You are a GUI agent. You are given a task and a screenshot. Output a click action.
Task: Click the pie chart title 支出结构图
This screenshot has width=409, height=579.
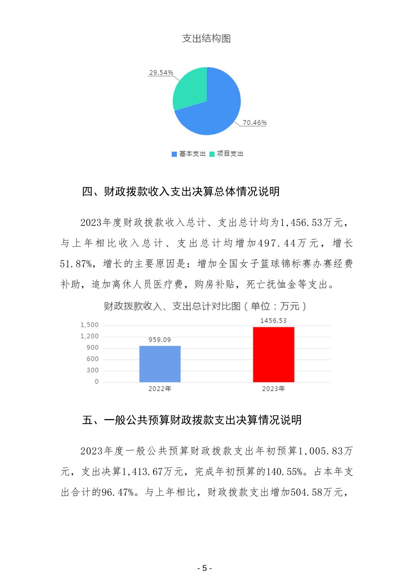tap(206, 38)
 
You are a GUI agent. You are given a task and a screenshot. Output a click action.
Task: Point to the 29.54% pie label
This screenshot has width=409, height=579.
tap(161, 72)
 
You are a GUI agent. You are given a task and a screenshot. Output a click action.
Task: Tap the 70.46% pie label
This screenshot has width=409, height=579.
tap(255, 123)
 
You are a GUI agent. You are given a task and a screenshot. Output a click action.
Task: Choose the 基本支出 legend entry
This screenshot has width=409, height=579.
tap(189, 154)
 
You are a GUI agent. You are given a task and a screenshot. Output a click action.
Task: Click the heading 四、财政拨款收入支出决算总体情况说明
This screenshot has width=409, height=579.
tap(181, 191)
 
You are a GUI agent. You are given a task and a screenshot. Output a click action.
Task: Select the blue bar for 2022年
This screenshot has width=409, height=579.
tap(160, 364)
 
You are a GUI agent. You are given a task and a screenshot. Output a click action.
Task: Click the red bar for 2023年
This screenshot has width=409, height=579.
tap(273, 354)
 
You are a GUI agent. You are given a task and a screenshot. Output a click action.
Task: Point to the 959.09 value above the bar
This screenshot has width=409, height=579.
tap(160, 340)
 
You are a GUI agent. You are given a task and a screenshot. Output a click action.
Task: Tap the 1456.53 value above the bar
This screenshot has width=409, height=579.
tap(273, 321)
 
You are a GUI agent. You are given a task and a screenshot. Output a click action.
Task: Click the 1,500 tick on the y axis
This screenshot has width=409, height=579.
tap(89, 325)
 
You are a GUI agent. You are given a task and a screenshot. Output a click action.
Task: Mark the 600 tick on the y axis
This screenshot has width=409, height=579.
tap(93, 359)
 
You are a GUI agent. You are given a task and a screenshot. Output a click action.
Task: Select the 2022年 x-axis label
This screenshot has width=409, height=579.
tap(160, 389)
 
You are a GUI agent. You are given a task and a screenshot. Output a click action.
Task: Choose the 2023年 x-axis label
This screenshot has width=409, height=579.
tap(273, 389)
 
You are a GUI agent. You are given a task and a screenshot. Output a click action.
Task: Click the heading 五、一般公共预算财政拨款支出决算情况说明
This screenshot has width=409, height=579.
tap(192, 420)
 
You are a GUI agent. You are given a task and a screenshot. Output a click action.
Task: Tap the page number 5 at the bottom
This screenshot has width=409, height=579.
tap(204, 568)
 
